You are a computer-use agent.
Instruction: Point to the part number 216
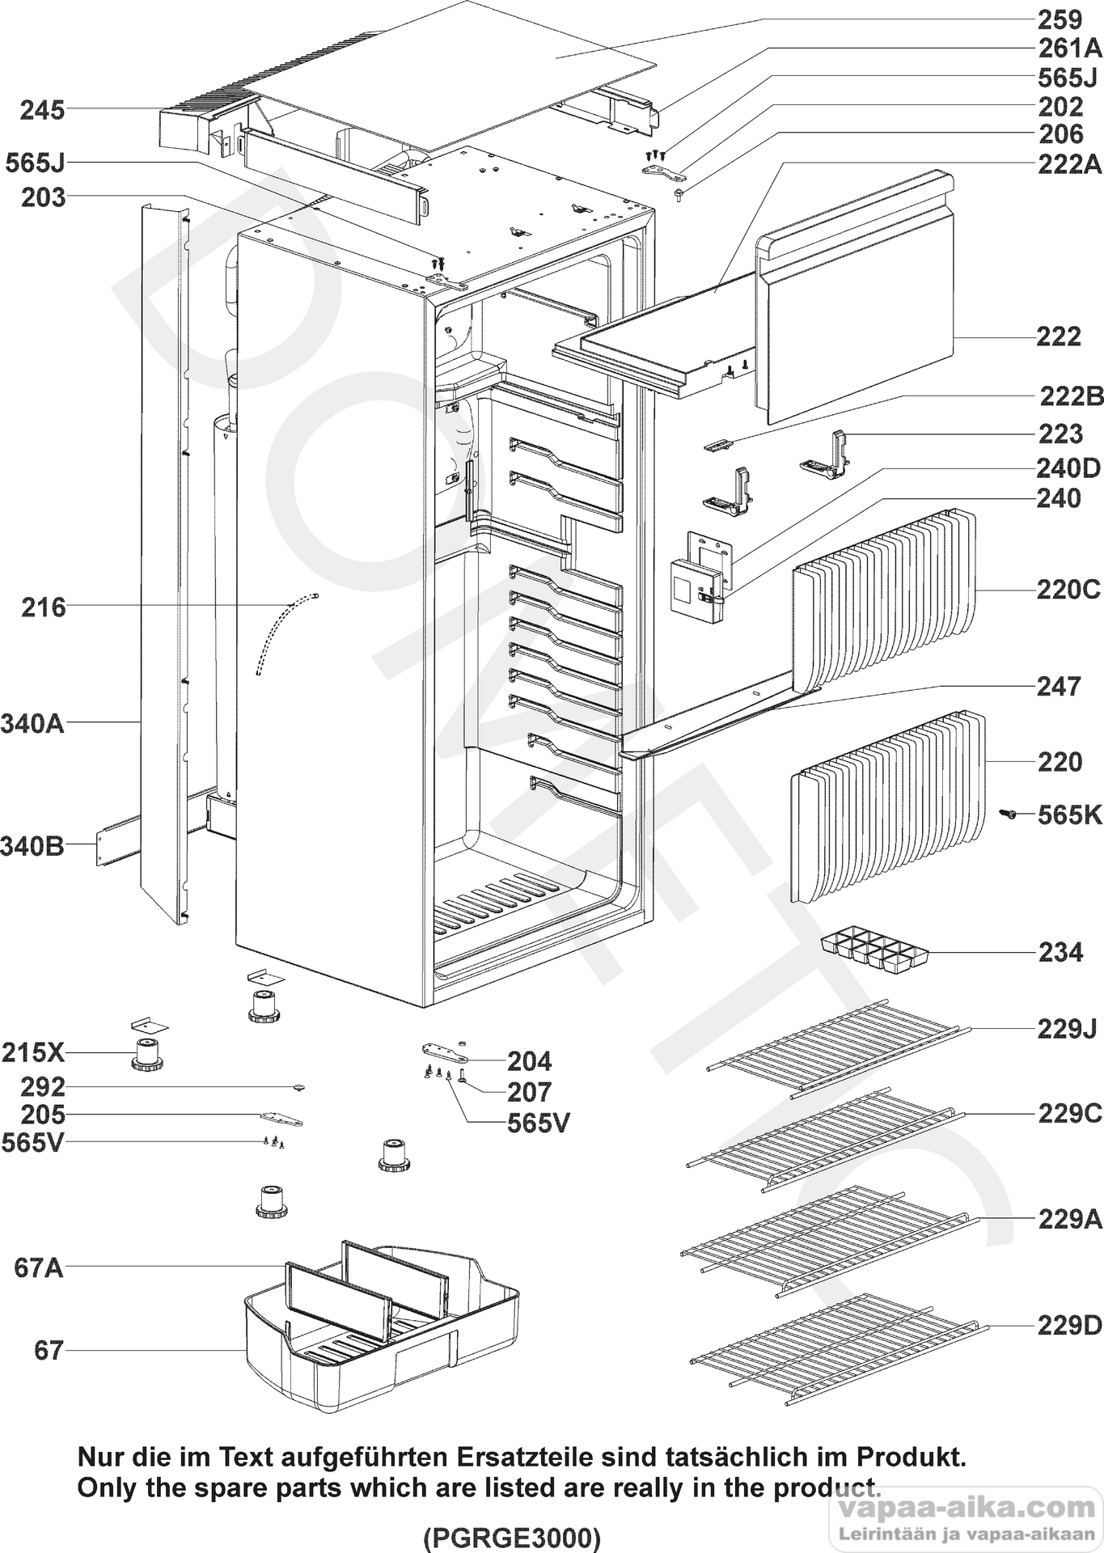pyautogui.click(x=43, y=607)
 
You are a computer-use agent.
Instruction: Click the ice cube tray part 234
pyautogui.click(x=874, y=953)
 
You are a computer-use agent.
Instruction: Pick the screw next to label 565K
pyautogui.click(x=1010, y=815)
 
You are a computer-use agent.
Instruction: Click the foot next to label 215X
pyautogui.click(x=146, y=1056)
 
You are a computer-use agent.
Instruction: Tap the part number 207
pyautogui.click(x=529, y=1092)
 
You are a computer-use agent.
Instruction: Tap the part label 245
pyautogui.click(x=43, y=110)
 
